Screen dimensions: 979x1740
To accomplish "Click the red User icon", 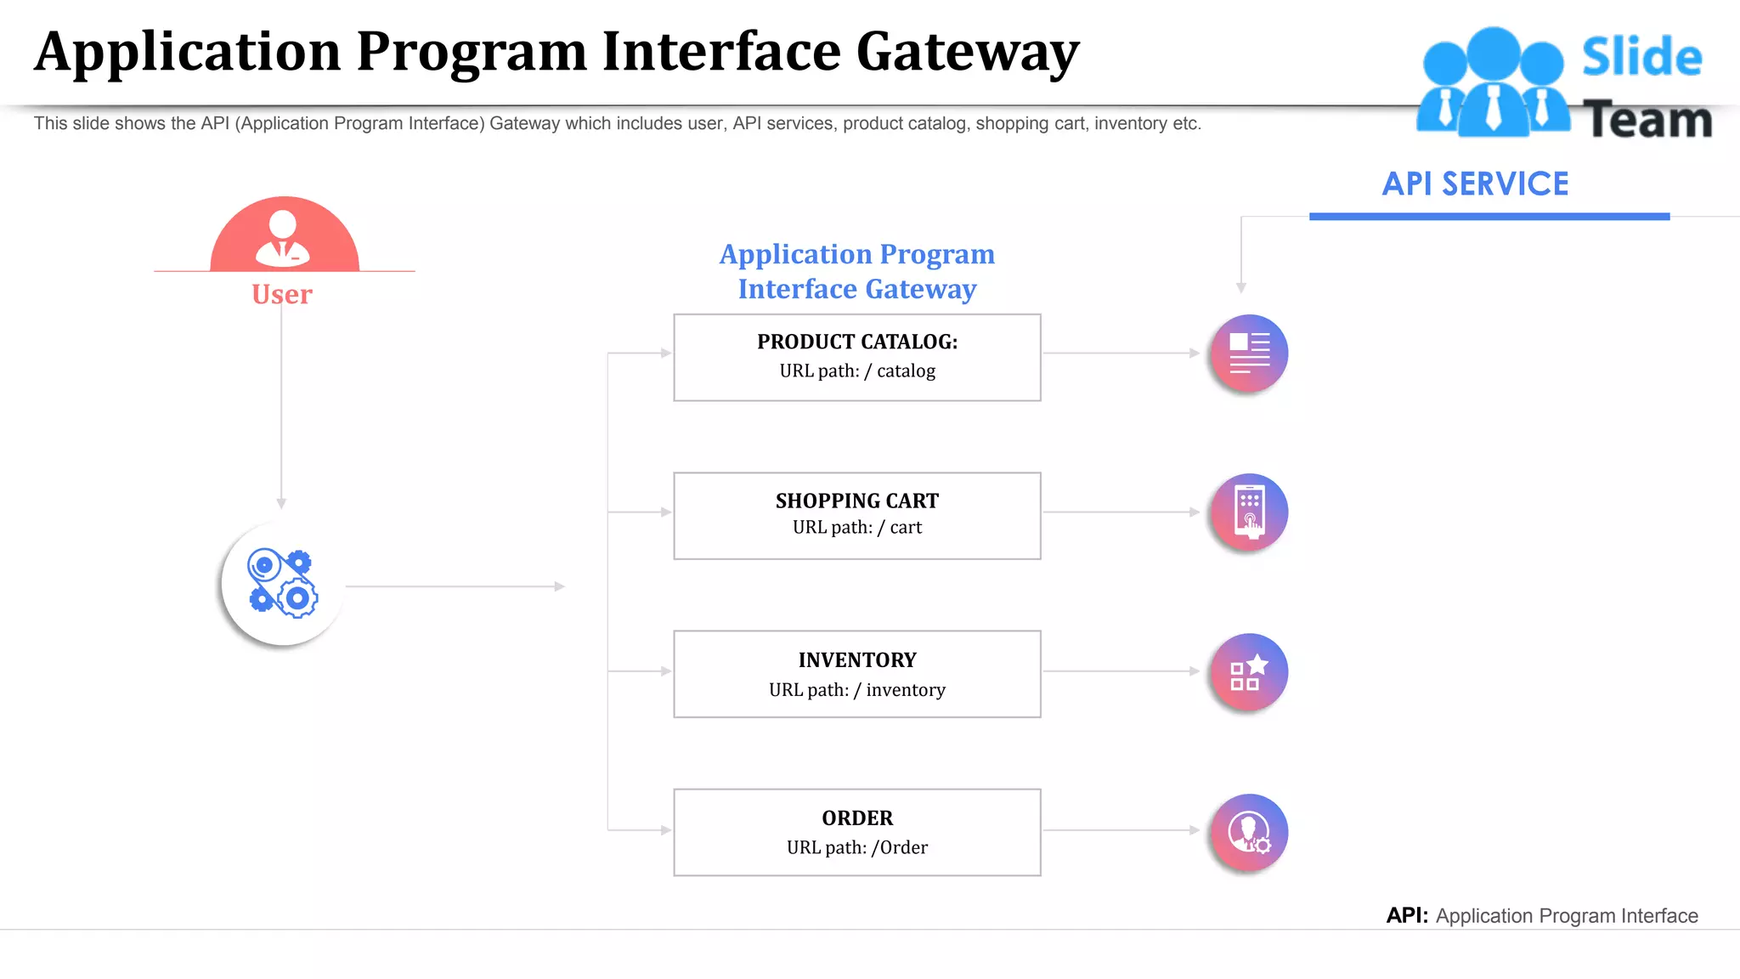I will [284, 236].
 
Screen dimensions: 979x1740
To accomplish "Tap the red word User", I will [282, 294].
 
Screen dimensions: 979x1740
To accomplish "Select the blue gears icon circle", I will [282, 584].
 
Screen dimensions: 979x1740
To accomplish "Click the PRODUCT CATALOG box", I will [856, 357].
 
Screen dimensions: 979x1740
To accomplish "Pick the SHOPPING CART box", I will [856, 515].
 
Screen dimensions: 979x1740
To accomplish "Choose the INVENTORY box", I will [856, 674].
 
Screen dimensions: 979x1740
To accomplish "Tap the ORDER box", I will [856, 832].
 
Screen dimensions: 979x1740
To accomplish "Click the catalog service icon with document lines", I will [1249, 353].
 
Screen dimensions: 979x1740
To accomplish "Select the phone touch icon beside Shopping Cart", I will [1249, 512].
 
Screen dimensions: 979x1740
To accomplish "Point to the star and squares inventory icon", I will [1249, 672].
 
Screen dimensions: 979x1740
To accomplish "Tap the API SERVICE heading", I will [1475, 184].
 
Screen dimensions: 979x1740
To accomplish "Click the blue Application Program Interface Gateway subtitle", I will [856, 271].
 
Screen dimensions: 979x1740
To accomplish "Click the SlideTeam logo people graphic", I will [1493, 82].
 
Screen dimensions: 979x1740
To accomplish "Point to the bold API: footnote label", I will [1407, 915].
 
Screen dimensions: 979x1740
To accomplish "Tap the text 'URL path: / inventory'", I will [856, 690].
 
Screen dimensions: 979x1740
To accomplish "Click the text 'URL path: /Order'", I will [856, 847].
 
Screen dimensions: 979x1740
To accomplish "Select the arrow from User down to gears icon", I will [281, 408].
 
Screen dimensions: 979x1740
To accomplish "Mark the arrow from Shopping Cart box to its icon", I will [1121, 512].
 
